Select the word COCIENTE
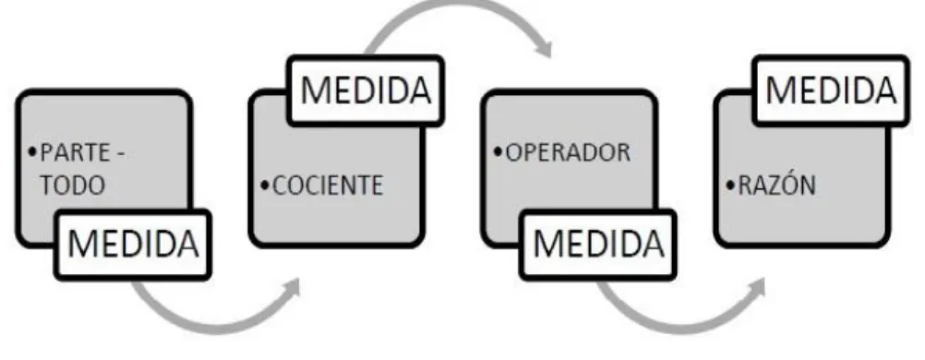[x=328, y=186]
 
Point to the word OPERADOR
[x=568, y=153]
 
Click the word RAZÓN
[x=776, y=186]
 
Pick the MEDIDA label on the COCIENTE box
[x=366, y=90]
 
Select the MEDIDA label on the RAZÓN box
[x=831, y=90]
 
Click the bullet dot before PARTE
[x=32, y=154]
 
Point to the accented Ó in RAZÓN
[x=787, y=184]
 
